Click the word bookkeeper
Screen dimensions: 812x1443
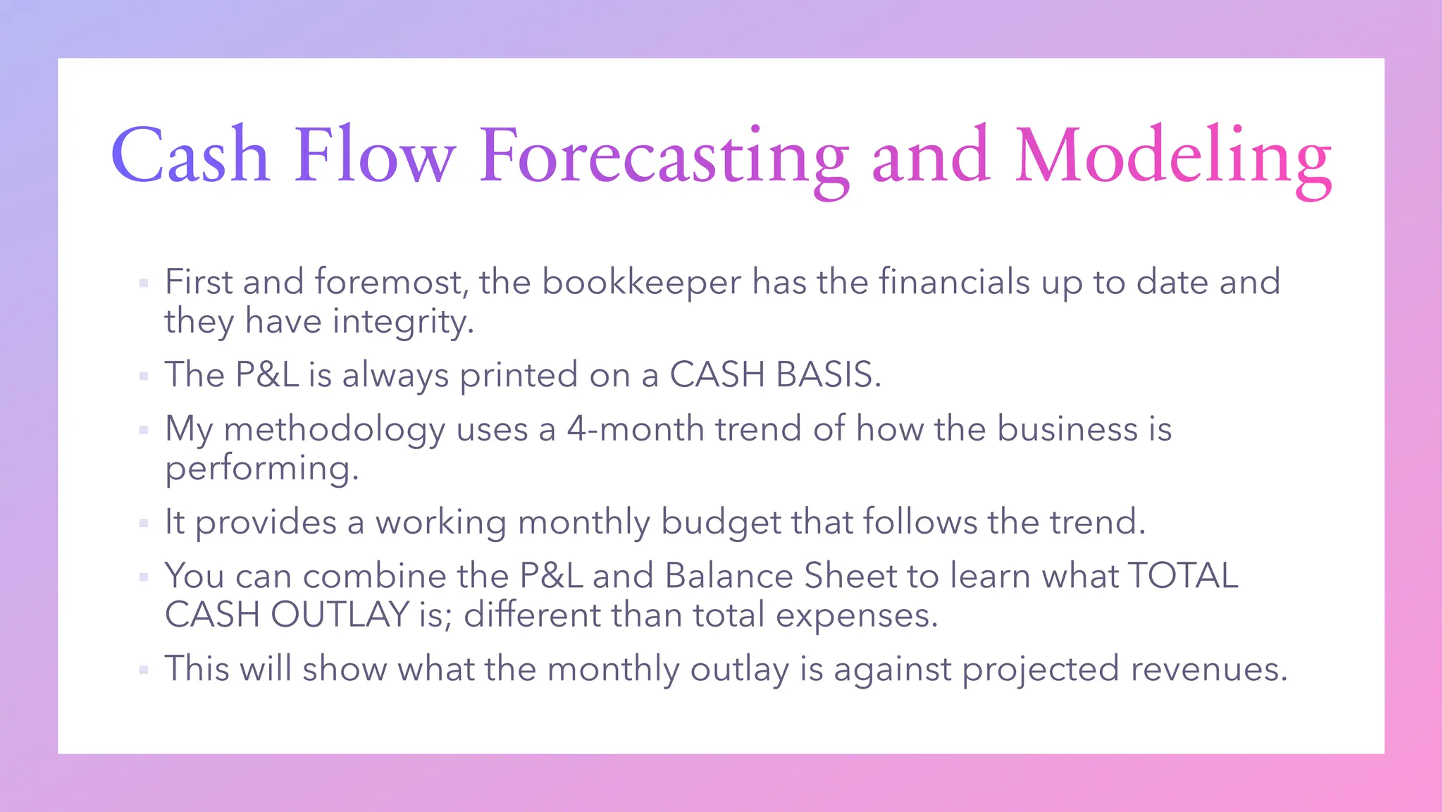[x=641, y=282]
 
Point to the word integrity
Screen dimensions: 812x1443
[x=403, y=322]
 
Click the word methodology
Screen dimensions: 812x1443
[x=334, y=430]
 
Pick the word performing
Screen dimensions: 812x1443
[x=261, y=469]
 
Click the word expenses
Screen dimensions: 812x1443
[x=857, y=615]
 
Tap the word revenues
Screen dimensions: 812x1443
[x=1209, y=669]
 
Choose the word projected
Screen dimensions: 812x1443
[x=1040, y=670]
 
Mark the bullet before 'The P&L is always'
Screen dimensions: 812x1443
[x=144, y=376]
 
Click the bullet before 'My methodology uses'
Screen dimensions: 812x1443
[x=144, y=429]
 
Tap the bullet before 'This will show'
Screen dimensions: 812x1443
[x=144, y=670]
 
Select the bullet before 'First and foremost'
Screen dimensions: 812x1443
[x=144, y=283]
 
